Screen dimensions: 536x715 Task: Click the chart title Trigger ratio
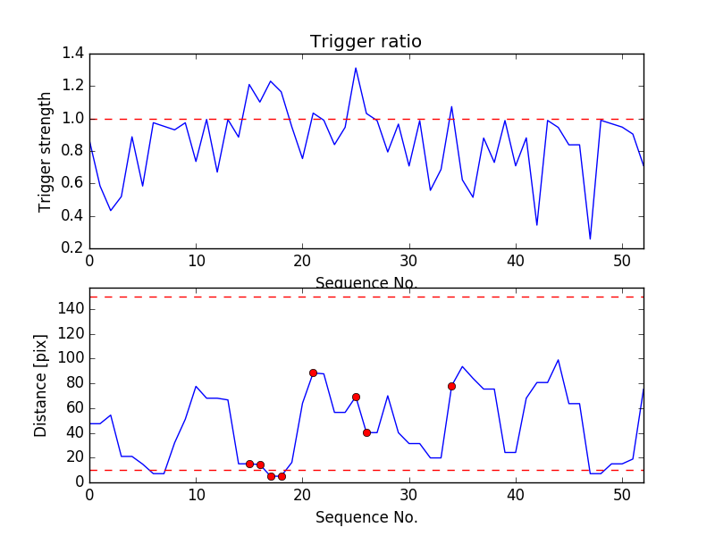366,42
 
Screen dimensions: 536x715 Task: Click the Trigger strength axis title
46,151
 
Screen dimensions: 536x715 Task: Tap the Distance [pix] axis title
41,385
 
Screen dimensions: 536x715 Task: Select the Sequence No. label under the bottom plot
366,517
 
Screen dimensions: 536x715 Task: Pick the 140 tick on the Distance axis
70,309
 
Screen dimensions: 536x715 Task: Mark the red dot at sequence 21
313,373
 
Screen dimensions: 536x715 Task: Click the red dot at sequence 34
451,386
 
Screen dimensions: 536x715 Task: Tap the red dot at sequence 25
356,397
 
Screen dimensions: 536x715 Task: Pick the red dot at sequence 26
366,432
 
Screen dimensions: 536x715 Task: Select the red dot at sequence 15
249,464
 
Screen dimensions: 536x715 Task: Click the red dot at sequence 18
282,476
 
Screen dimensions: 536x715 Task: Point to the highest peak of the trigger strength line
356,68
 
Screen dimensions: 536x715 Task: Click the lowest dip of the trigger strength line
590,239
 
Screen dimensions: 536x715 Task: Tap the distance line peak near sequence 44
559,360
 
